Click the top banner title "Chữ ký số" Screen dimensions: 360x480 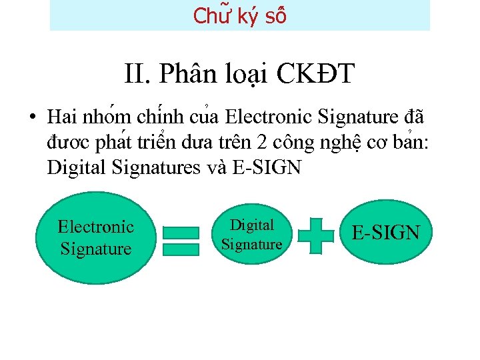239,15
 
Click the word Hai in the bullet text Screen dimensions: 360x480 61,118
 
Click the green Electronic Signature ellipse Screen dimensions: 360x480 95,238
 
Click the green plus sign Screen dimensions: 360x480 315,235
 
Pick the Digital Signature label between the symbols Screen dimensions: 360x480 251,235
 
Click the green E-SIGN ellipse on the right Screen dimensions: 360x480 385,233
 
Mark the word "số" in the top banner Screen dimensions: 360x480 275,15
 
